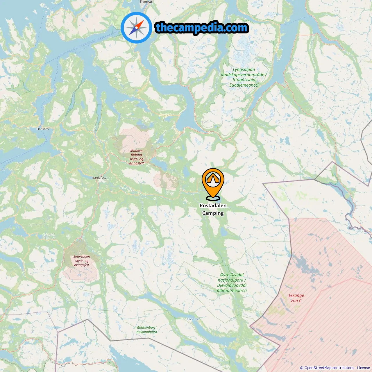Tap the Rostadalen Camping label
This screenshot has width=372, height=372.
coord(213,209)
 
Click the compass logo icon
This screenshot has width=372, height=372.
coord(136,28)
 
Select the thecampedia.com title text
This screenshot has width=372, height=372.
coord(202,28)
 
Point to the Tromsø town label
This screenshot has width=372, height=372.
coord(146,2)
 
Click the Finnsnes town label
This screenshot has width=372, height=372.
coord(43,129)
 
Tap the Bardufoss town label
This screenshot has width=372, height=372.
coord(99,178)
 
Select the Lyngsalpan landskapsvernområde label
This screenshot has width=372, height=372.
coord(244,77)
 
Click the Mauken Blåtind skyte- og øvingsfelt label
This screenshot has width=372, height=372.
coord(137,157)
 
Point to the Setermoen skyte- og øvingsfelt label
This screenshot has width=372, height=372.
coord(82,261)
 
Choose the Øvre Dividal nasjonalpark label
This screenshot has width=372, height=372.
coord(232,282)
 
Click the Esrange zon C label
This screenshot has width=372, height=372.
coord(296,298)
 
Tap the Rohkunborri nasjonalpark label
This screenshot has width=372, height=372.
coord(147,330)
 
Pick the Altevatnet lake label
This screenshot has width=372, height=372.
coord(193,319)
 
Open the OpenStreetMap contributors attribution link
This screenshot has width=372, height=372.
coord(329,368)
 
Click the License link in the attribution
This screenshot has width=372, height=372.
coord(364,368)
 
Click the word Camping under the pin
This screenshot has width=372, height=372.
coord(213,213)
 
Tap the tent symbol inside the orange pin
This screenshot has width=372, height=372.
coord(213,178)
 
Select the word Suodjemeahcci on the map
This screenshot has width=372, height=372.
coord(244,85)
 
